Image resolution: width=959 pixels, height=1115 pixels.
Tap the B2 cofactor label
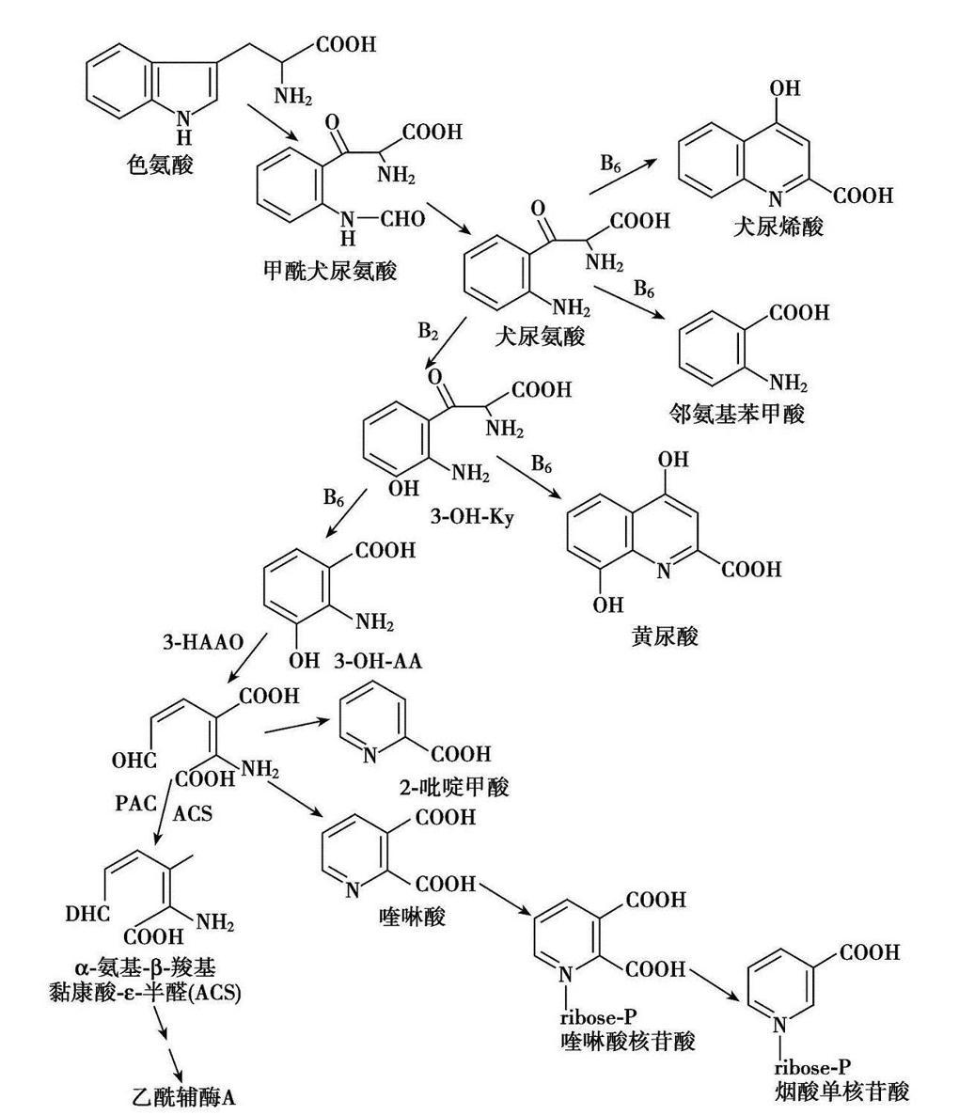428,332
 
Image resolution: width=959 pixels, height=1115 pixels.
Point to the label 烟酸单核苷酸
843,1091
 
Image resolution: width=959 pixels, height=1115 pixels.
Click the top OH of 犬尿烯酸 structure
785,88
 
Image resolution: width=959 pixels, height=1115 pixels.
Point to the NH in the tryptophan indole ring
184,120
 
